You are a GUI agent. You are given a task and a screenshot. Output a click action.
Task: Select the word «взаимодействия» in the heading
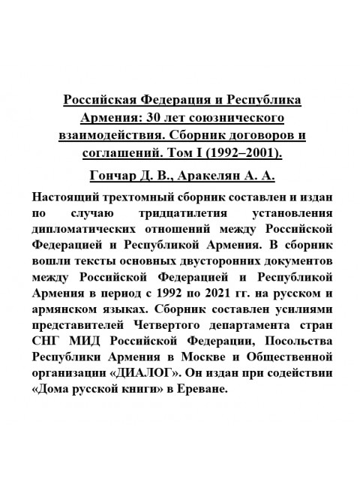point(114,137)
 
